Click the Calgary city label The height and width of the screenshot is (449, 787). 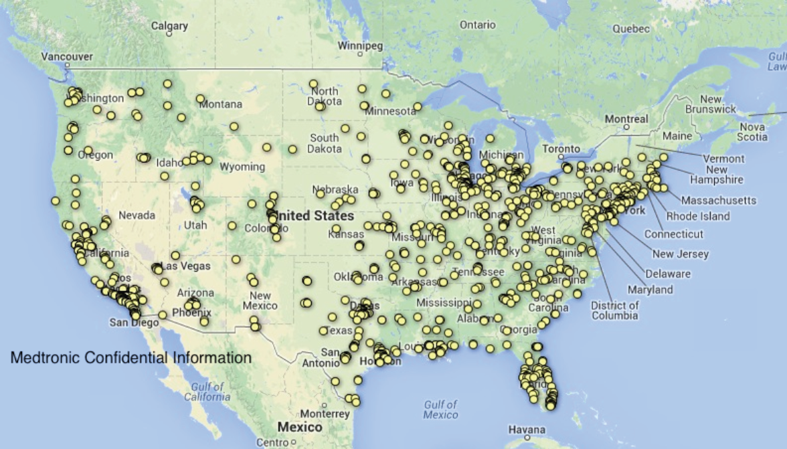(x=169, y=26)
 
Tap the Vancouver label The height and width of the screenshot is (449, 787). (x=67, y=57)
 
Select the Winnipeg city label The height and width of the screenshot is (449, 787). (x=360, y=46)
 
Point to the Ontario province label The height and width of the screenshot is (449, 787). (x=477, y=25)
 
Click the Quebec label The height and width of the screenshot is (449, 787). (x=631, y=29)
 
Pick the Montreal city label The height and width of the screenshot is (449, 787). (x=626, y=119)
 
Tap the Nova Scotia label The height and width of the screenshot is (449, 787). (x=753, y=132)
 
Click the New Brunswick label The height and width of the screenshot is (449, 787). (x=710, y=104)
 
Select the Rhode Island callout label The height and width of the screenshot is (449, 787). (x=698, y=216)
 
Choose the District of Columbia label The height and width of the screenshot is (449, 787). (x=614, y=310)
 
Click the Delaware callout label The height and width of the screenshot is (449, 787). (x=668, y=274)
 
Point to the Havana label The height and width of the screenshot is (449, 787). (x=527, y=429)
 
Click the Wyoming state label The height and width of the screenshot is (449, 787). (x=242, y=167)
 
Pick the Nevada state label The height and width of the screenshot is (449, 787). (x=137, y=215)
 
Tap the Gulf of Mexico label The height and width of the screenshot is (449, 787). (x=440, y=409)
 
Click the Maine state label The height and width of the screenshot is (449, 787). (x=677, y=136)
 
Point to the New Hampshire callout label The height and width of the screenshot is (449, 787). (x=717, y=175)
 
